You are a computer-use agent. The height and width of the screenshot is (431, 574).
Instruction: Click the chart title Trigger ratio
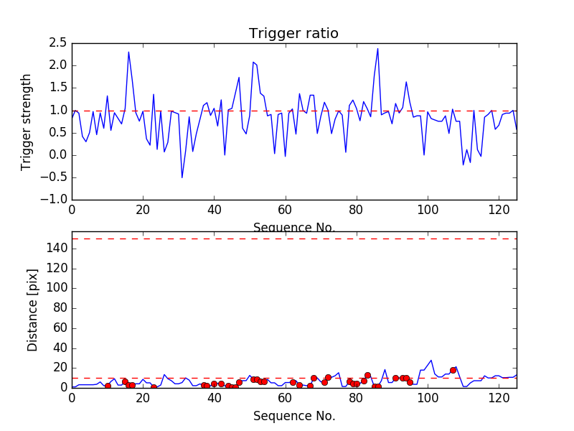coord(293,34)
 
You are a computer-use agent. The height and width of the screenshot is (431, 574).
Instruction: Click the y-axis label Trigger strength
coord(27,121)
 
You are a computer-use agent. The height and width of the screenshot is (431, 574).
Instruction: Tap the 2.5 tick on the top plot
coord(57,43)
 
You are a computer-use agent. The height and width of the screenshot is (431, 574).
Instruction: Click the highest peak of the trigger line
coord(377,49)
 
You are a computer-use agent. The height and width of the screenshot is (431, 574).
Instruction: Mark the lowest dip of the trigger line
coord(182,177)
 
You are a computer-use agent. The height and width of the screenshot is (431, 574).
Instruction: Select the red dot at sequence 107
coord(453,370)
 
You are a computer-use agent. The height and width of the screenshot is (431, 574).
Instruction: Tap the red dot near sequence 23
coord(154,386)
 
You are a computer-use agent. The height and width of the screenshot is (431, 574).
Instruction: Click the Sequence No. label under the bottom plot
coord(294,416)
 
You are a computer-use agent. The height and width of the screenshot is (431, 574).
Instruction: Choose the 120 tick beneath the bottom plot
coord(499,399)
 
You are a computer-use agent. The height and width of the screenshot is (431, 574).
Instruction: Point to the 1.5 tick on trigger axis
coord(57,88)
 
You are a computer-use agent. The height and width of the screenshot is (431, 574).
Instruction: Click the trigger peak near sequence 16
coord(128,52)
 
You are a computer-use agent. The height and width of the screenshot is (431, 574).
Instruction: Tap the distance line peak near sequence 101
coord(431,361)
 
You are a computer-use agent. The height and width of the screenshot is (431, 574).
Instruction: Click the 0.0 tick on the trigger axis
coord(57,155)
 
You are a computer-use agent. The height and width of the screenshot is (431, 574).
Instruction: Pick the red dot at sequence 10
coord(108,386)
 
